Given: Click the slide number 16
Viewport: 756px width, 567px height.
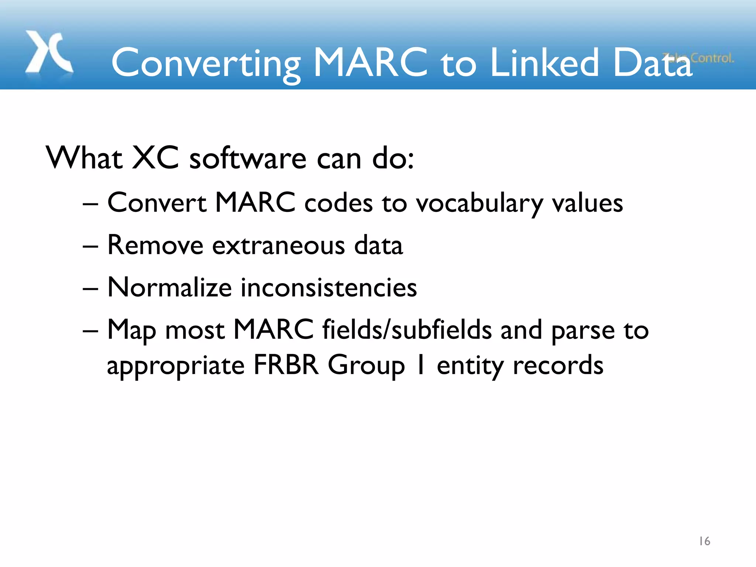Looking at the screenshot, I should [x=704, y=541].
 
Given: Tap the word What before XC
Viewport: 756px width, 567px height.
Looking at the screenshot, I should [x=84, y=158].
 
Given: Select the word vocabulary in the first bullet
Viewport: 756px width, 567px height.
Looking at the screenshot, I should [x=480, y=204].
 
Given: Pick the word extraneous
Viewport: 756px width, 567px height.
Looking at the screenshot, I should [x=279, y=245].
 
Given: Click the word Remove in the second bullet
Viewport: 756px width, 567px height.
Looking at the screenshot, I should [x=155, y=245].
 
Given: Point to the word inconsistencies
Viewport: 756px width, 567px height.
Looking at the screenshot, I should [x=329, y=287].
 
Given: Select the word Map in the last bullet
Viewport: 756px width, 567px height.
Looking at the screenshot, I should [x=131, y=330].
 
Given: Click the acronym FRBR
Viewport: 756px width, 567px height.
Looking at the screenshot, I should [x=286, y=365].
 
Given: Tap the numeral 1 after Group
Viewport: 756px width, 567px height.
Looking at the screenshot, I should [x=420, y=365].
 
